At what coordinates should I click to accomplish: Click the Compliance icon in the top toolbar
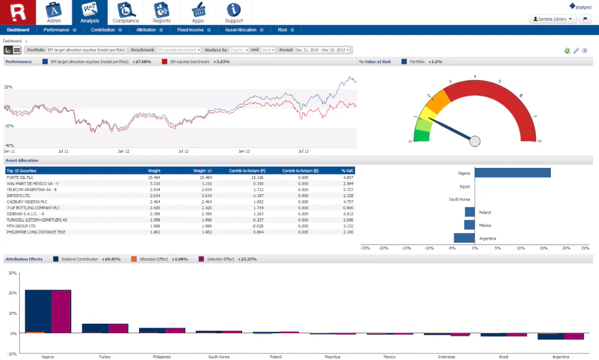pos(125,12)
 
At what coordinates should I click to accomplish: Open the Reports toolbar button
pos(162,12)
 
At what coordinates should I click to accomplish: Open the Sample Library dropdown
pos(553,19)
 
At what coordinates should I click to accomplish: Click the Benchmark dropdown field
pos(178,50)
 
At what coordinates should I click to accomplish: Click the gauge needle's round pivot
pos(475,141)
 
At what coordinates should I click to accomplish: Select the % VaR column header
pos(348,170)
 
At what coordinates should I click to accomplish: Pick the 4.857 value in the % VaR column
pos(348,177)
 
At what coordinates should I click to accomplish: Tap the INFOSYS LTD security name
pos(19,196)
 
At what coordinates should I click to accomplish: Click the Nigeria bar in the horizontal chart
pos(512,173)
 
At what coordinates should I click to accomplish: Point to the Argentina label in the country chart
pos(487,238)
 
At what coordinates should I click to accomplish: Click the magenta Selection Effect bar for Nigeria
pos(61,311)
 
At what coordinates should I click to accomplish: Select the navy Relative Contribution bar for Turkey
pos(95,328)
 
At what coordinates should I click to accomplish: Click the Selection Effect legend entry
pos(220,259)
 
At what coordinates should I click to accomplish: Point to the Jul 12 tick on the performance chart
pos(183,151)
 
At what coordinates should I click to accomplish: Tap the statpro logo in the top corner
pos(580,6)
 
